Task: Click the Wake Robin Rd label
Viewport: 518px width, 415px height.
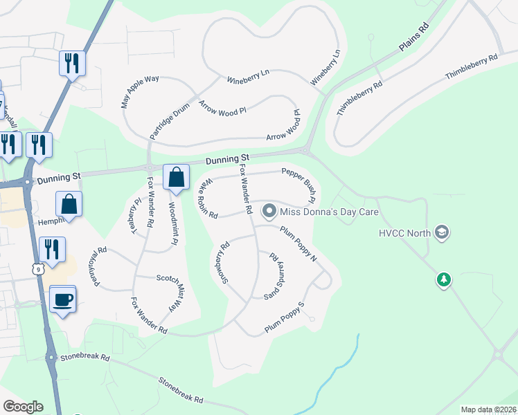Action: pos(207,199)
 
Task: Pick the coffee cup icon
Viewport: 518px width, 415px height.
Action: pos(63,299)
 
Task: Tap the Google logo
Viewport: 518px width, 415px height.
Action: pos(23,407)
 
